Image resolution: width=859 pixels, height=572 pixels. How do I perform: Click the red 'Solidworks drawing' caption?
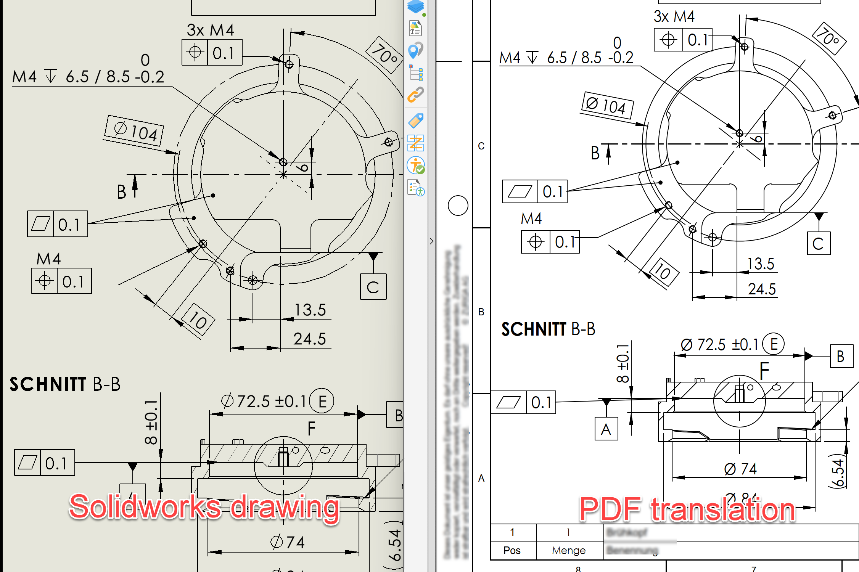pos(204,507)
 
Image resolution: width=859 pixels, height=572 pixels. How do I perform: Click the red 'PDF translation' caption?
pos(687,509)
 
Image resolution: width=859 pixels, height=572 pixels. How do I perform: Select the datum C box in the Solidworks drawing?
pos(373,287)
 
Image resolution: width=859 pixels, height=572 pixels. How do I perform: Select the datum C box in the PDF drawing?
pos(819,243)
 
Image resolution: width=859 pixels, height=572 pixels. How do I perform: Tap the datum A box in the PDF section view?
pos(606,429)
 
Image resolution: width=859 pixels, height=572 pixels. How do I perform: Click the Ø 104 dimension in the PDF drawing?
pos(606,105)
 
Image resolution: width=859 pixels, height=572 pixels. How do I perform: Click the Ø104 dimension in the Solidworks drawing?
pos(135,131)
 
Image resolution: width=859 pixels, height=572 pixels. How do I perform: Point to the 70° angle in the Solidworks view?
pos(384,55)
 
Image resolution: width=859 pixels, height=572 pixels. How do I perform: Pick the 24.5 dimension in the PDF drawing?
pos(761,289)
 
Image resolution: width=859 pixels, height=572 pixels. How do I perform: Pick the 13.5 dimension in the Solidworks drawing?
pos(310,310)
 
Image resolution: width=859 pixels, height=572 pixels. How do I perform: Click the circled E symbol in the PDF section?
pos(773,344)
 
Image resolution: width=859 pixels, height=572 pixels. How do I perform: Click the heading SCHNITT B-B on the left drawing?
pos(65,384)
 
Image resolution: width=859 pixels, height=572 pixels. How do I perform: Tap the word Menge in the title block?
pos(568,550)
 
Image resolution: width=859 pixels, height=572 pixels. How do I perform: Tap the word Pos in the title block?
pos(512,550)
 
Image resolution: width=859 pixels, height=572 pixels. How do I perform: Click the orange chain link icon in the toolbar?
pos(415,95)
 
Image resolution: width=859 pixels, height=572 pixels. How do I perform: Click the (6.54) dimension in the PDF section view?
pos(837,472)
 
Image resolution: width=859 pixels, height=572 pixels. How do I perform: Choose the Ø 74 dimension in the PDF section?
pos(740,469)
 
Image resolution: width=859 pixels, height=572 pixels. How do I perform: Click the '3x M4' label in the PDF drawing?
pos(674,16)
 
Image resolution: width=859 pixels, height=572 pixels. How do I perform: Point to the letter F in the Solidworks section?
pos(311,429)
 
